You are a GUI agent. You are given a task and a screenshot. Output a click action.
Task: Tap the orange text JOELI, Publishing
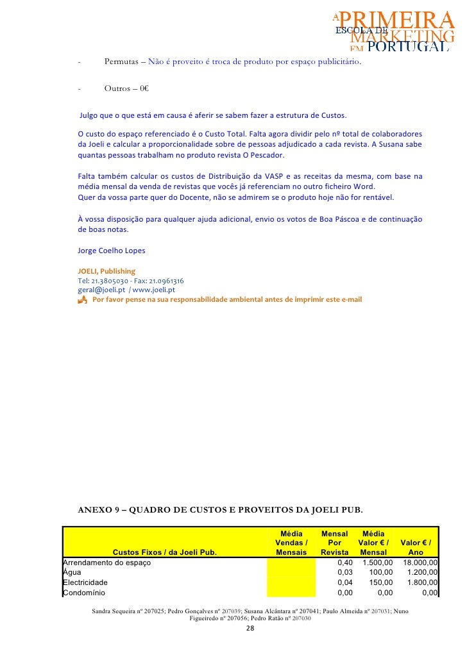pyautogui.click(x=106, y=271)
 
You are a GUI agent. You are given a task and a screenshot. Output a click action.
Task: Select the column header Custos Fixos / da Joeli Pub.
pyautogui.click(x=165, y=552)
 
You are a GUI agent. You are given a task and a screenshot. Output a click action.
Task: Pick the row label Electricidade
pyautogui.click(x=85, y=582)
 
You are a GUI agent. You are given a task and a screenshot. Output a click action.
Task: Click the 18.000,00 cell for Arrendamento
pyautogui.click(x=420, y=563)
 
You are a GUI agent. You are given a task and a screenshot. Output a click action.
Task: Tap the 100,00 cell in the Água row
pyautogui.click(x=381, y=572)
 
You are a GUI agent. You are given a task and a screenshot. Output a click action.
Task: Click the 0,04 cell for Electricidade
pyautogui.click(x=345, y=582)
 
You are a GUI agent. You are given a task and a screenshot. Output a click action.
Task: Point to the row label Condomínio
pyautogui.click(x=83, y=593)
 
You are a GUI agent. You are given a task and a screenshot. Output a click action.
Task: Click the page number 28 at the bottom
pyautogui.click(x=250, y=629)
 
